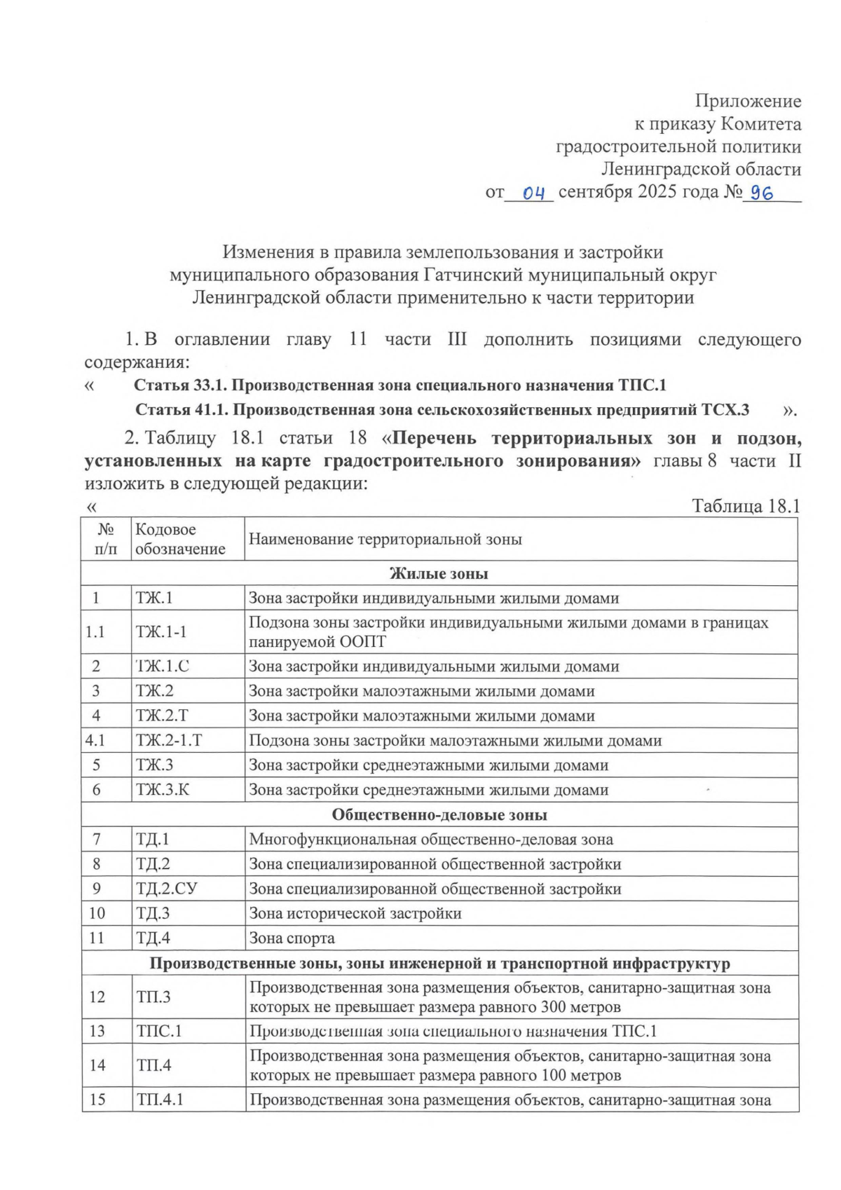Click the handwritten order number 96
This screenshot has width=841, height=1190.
[762, 193]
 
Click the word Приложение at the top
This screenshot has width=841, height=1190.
[748, 102]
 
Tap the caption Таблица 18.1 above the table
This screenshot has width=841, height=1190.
[746, 506]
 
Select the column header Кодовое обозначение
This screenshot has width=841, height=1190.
[180, 539]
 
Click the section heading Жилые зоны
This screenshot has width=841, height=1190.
[439, 573]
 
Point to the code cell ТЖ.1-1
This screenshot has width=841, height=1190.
[161, 631]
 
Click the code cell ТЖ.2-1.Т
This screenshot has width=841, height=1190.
[169, 740]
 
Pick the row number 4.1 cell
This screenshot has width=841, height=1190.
[95, 740]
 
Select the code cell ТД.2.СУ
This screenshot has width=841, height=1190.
[167, 889]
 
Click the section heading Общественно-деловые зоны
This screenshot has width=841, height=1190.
[439, 814]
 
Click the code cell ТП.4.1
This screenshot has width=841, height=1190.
[160, 1099]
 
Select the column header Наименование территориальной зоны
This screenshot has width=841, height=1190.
[385, 539]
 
